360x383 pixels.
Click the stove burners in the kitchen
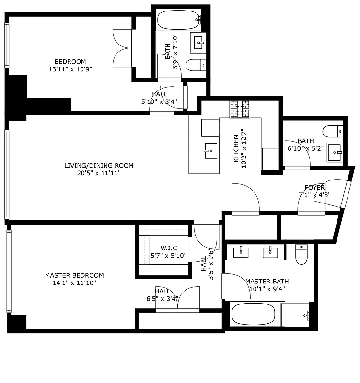[240, 109]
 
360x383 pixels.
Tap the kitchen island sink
[210, 150]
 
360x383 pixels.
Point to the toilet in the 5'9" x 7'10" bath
[196, 65]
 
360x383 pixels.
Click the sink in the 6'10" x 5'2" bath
[335, 153]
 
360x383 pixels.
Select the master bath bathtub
[253, 314]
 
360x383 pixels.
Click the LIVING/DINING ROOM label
[99, 166]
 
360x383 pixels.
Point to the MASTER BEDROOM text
[74, 275]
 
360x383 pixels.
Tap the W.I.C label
[169, 248]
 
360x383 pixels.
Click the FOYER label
[314, 187]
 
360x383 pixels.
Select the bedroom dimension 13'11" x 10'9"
[70, 69]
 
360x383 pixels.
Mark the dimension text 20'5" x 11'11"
[99, 173]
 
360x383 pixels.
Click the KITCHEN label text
[236, 149]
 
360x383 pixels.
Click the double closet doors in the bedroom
[122, 48]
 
